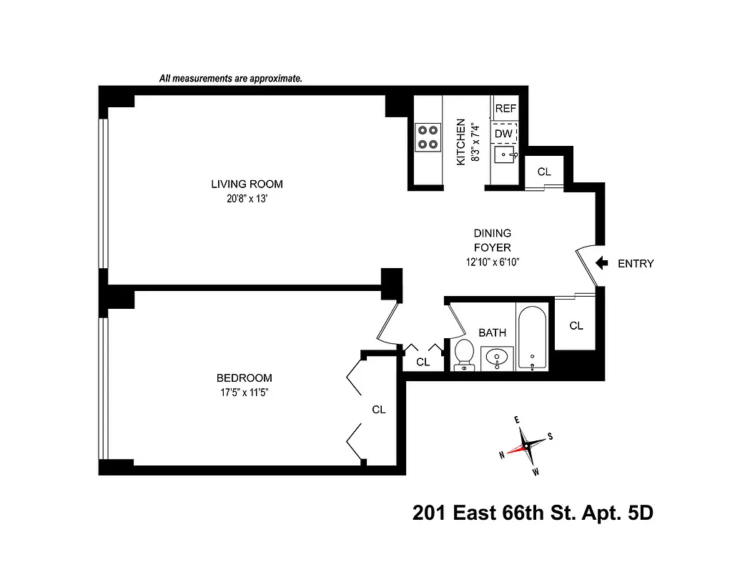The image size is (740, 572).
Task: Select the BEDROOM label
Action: pos(244,378)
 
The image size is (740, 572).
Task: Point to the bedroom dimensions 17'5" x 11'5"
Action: pos(244,393)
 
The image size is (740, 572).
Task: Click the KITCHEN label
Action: pos(461,142)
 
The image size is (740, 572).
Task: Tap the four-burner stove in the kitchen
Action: pos(428,137)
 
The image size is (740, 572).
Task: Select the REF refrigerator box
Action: pos(505,109)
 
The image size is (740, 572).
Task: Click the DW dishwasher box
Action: pos(504,133)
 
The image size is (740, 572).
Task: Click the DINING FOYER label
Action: pos(492,241)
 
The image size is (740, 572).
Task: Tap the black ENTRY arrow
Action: pos(602,263)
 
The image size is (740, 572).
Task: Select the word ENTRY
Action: pos(635,264)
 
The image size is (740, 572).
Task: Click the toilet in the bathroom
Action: pos(464,355)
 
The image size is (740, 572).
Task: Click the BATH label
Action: pos(492,332)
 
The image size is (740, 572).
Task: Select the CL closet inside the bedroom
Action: pos(378,410)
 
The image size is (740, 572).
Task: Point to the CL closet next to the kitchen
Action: pos(544,172)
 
